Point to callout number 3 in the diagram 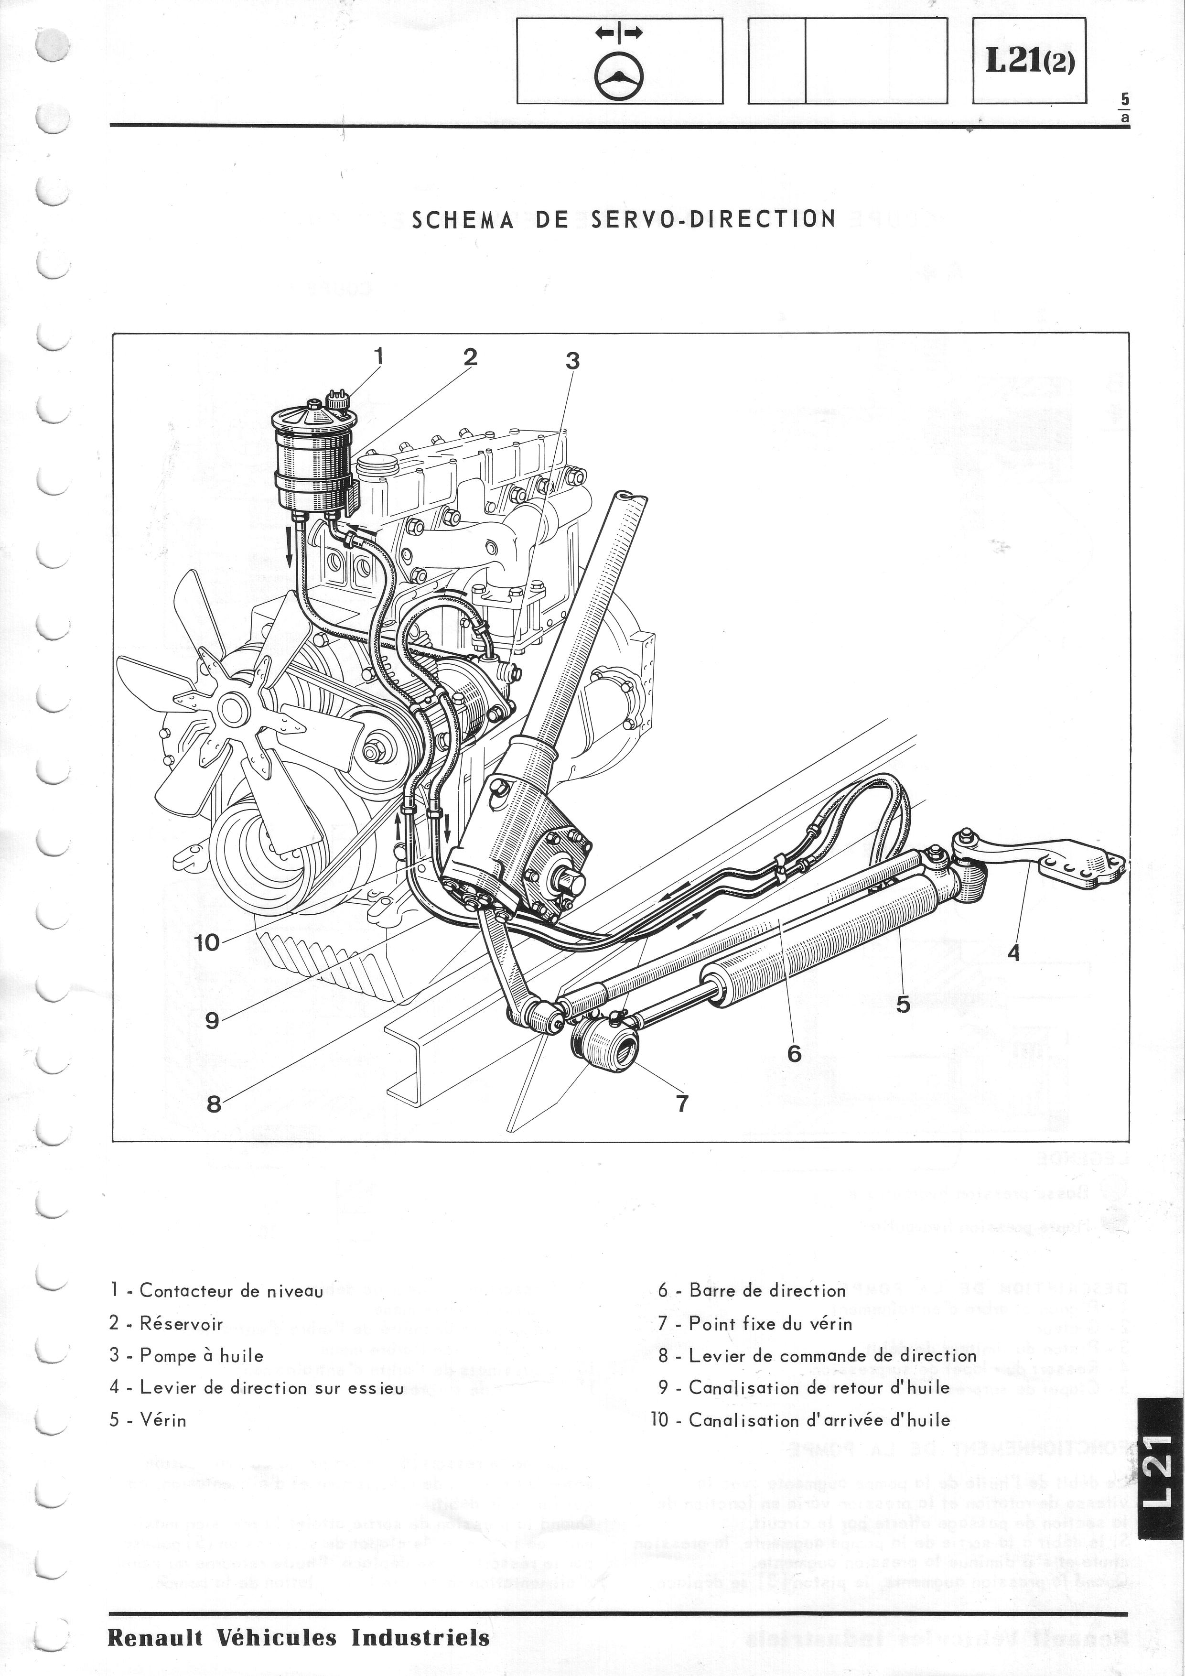click(x=573, y=361)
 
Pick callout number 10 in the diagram click(x=206, y=942)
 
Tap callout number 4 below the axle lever click(x=1013, y=952)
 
